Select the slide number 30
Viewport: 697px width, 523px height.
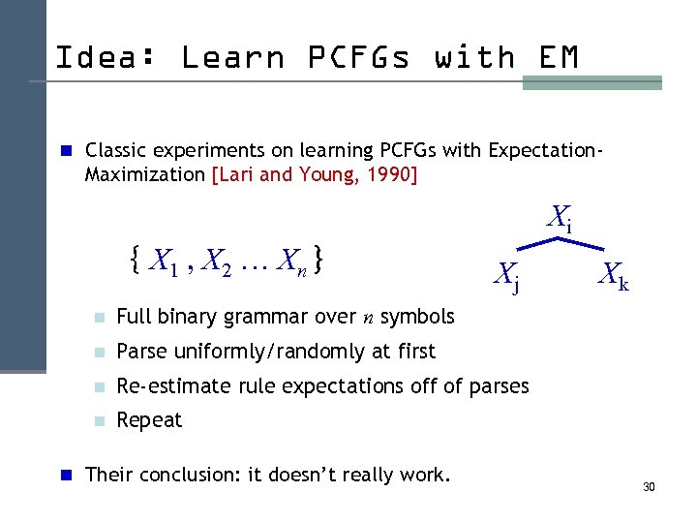[x=649, y=486]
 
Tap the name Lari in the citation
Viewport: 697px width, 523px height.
[x=236, y=176]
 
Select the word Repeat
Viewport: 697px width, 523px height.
[x=149, y=420]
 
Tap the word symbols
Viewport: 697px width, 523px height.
[x=416, y=317]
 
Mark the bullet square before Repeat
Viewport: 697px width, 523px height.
[x=98, y=421]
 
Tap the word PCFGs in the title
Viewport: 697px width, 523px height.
[x=357, y=58]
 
